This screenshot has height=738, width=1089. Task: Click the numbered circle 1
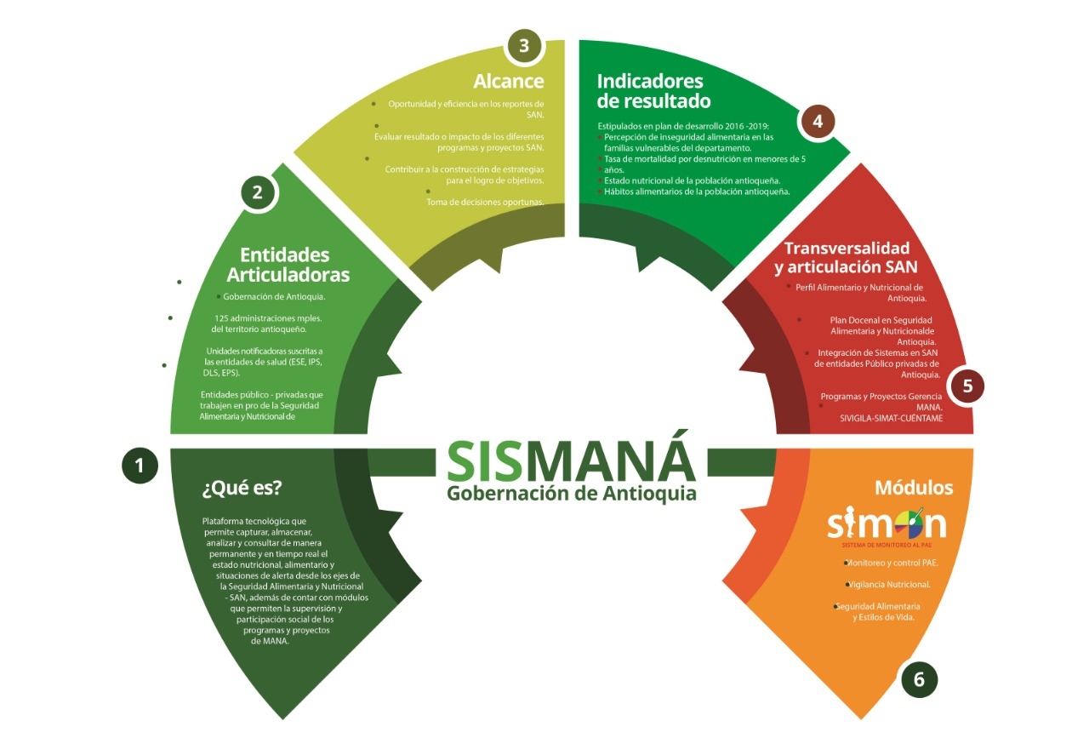140,465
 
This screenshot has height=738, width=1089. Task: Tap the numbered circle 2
258,193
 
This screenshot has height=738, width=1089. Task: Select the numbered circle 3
523,46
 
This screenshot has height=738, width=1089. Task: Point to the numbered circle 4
817,122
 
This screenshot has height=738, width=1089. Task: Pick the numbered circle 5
967,386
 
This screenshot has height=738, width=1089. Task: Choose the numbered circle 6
919,679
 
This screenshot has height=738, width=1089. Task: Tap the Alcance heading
509,82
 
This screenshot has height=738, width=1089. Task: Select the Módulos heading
914,489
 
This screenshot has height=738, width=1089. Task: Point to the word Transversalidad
847,249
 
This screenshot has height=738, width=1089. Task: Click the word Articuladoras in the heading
288,275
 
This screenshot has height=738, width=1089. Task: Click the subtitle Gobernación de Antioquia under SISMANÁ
571,494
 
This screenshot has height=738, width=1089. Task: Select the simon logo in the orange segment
887,524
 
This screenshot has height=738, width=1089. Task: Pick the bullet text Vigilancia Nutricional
890,585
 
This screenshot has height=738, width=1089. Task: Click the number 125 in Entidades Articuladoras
225,318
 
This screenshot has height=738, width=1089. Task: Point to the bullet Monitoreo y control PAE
885,563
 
